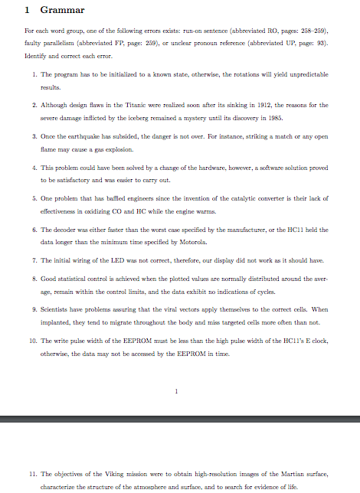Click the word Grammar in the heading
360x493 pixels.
pyautogui.click(x=62, y=10)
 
